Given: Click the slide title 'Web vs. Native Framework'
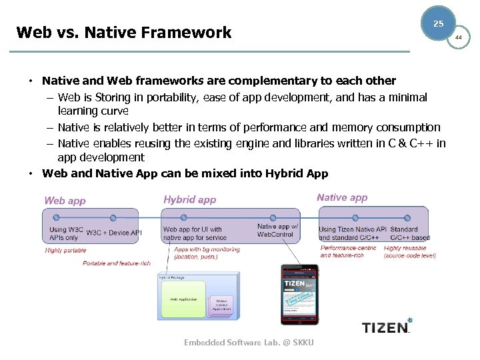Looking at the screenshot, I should pyautogui.click(x=123, y=32).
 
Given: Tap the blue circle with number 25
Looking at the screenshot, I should pyautogui.click(x=438, y=24).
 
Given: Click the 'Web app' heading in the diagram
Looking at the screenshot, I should pyautogui.click(x=65, y=200).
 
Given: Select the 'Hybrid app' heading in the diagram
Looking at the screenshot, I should pyautogui.click(x=189, y=199).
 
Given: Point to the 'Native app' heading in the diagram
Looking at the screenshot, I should pyautogui.click(x=342, y=197).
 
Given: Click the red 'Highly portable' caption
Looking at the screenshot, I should pyautogui.click(x=66, y=251).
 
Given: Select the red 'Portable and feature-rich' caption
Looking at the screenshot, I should pyautogui.click(x=117, y=263).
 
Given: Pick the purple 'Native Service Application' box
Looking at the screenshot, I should pyautogui.click(x=221, y=305).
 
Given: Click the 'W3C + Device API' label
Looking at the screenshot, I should pyautogui.click(x=114, y=233).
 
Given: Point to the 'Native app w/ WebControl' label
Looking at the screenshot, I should pyautogui.click(x=277, y=230).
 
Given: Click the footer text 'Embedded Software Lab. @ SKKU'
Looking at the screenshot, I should pyautogui.click(x=249, y=343).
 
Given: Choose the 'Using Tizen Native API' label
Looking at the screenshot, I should pyautogui.click(x=352, y=229).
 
